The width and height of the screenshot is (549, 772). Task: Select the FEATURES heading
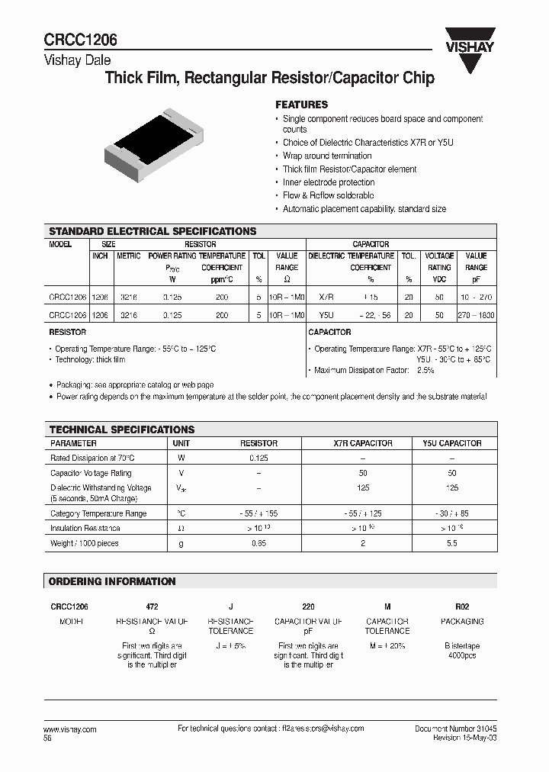301,105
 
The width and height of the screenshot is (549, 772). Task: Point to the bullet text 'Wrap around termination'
327,156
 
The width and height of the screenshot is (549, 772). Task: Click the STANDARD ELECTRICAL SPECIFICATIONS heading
152,231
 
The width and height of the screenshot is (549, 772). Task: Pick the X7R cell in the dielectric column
326,294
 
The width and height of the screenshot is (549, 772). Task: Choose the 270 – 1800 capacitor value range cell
476,314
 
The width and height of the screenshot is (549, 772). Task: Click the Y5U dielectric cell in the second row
326,314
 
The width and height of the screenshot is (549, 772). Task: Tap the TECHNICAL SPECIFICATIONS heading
122,429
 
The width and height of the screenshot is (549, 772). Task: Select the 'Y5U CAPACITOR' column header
452,443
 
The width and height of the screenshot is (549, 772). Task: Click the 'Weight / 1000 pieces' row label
85,543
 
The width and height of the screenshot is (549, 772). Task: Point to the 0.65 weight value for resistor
259,543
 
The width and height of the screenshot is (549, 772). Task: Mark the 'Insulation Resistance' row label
85,528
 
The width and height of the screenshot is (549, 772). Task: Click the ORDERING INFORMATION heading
112,581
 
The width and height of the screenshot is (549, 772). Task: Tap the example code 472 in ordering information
151,606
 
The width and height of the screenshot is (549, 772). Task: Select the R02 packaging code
462,606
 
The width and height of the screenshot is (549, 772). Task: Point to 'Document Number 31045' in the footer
456,729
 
